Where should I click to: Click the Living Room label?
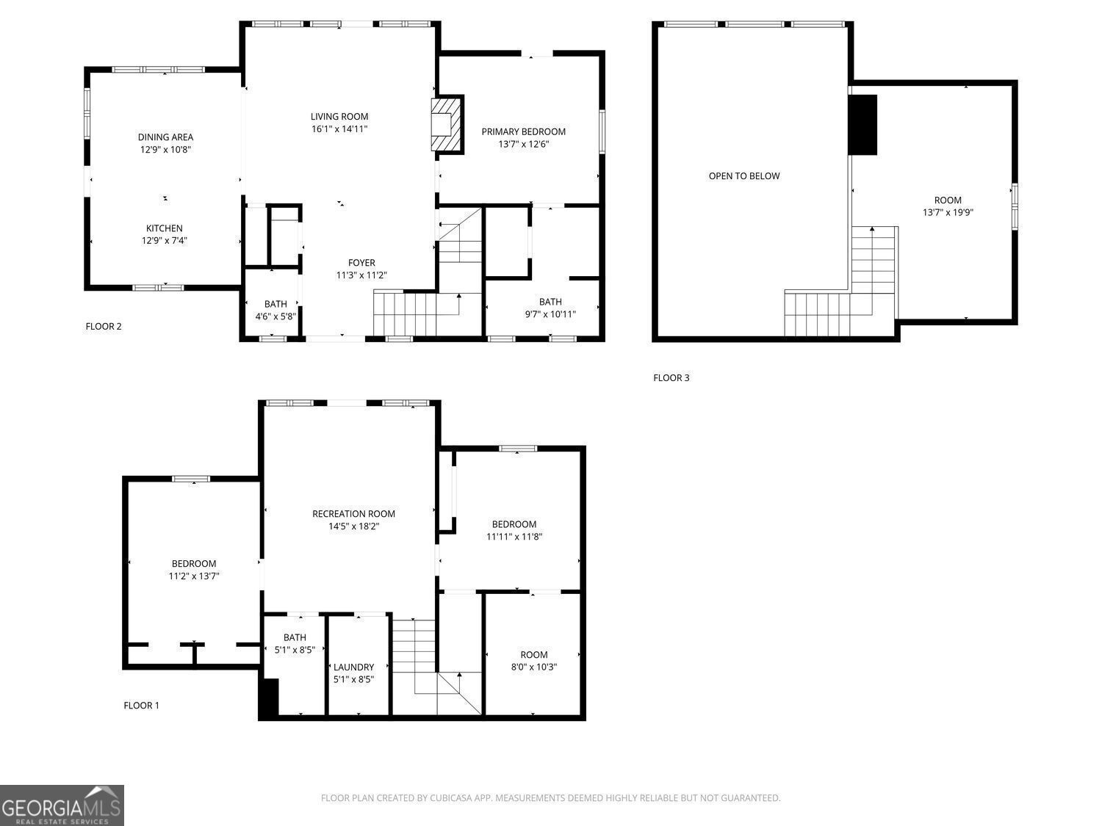coord(339,116)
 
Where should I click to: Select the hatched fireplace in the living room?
coord(447,124)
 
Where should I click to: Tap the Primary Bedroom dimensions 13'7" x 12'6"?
coord(524,144)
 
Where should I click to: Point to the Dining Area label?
coord(166,137)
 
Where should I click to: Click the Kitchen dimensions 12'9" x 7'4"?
coord(164,240)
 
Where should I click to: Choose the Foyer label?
coord(361,263)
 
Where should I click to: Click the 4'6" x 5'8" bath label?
coord(275,310)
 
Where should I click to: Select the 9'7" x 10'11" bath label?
coord(550,308)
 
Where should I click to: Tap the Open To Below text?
coord(744,176)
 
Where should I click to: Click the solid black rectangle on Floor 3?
coord(862,125)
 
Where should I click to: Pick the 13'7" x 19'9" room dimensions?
coord(948,212)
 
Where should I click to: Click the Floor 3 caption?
coord(671,377)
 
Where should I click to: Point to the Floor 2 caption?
coord(104,327)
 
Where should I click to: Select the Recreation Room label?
coord(353,513)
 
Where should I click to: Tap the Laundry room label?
coord(354,667)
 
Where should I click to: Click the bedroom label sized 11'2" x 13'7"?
coord(194,570)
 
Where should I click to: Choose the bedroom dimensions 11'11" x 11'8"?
coord(514,536)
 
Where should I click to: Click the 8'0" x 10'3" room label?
coord(533,661)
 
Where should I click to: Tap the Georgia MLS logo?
coord(62,805)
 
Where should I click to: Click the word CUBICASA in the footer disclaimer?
coord(451,797)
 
